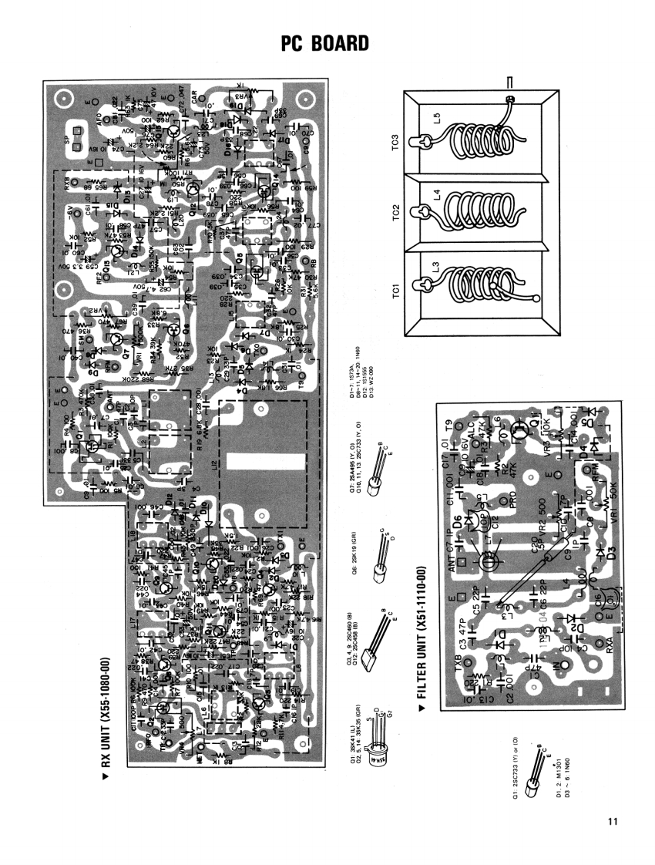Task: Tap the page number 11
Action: pyautogui.click(x=613, y=820)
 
